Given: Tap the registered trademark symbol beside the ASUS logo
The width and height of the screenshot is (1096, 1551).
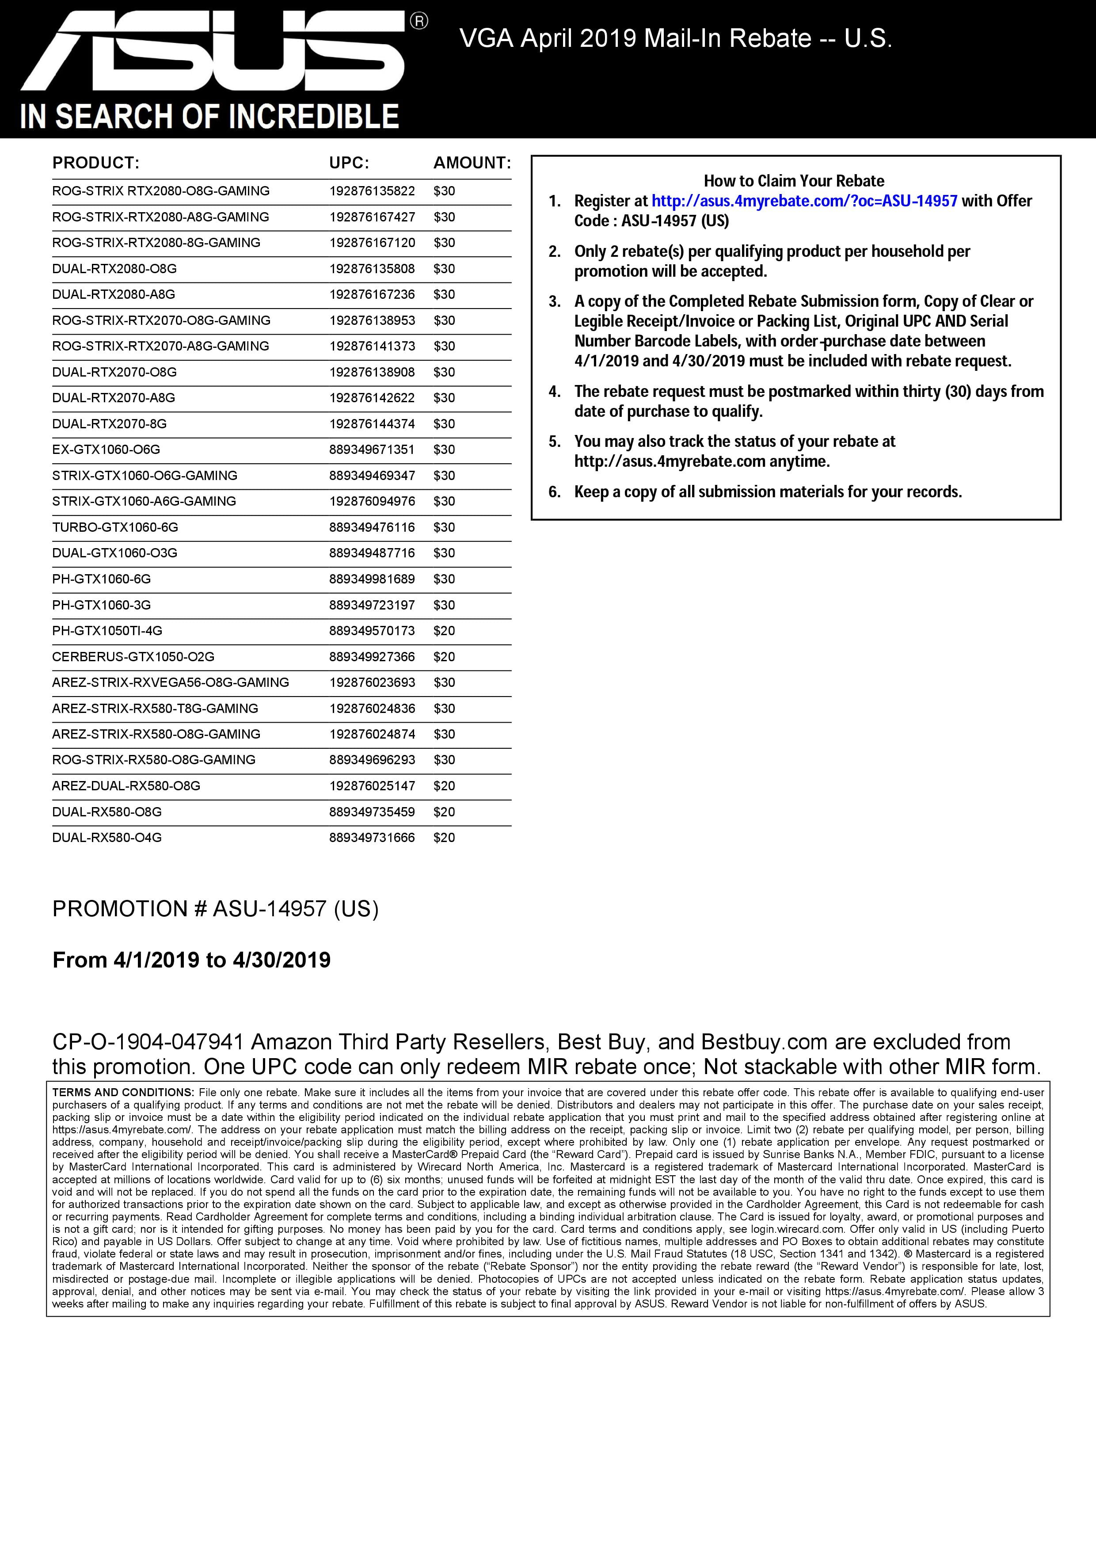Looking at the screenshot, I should click(x=419, y=22).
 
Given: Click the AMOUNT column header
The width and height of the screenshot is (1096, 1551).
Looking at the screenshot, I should click(x=472, y=163).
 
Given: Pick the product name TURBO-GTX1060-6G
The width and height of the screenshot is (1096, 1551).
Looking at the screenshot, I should click(x=115, y=527).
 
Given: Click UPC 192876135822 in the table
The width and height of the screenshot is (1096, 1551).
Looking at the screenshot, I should click(x=372, y=191).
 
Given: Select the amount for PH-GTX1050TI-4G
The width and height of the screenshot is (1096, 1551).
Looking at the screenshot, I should click(x=444, y=631).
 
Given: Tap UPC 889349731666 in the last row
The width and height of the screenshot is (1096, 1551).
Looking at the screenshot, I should click(x=372, y=838).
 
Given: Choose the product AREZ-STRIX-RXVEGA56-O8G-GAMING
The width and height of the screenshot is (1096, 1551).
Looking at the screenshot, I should click(x=170, y=682).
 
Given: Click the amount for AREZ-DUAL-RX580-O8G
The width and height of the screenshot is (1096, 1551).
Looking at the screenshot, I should click(x=444, y=785).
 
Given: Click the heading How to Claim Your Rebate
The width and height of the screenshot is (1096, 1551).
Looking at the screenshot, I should click(x=793, y=181).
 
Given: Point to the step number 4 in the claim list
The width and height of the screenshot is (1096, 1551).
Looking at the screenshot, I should click(x=555, y=392).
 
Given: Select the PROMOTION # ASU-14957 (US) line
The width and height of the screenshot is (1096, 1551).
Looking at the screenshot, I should click(x=215, y=909).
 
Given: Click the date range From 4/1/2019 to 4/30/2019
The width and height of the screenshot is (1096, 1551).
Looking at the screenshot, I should click(x=192, y=960).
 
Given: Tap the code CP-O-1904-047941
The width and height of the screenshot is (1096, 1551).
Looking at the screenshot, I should click(x=148, y=1042).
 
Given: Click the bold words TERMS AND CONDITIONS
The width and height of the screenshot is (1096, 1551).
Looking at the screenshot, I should click(x=122, y=1092).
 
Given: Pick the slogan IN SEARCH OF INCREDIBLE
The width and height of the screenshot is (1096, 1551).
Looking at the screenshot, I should click(x=209, y=116).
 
